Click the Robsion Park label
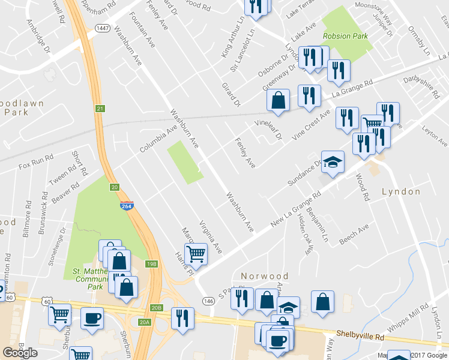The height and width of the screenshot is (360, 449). tap(345, 36)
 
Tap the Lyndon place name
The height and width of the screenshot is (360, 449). tap(401, 191)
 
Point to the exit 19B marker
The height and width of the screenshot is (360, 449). tap(152, 263)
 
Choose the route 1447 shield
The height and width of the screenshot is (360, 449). tap(101, 28)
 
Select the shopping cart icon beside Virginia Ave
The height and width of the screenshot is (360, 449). tap(196, 253)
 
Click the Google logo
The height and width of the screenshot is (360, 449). tap(20, 353)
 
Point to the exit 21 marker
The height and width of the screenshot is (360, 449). tap(100, 108)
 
